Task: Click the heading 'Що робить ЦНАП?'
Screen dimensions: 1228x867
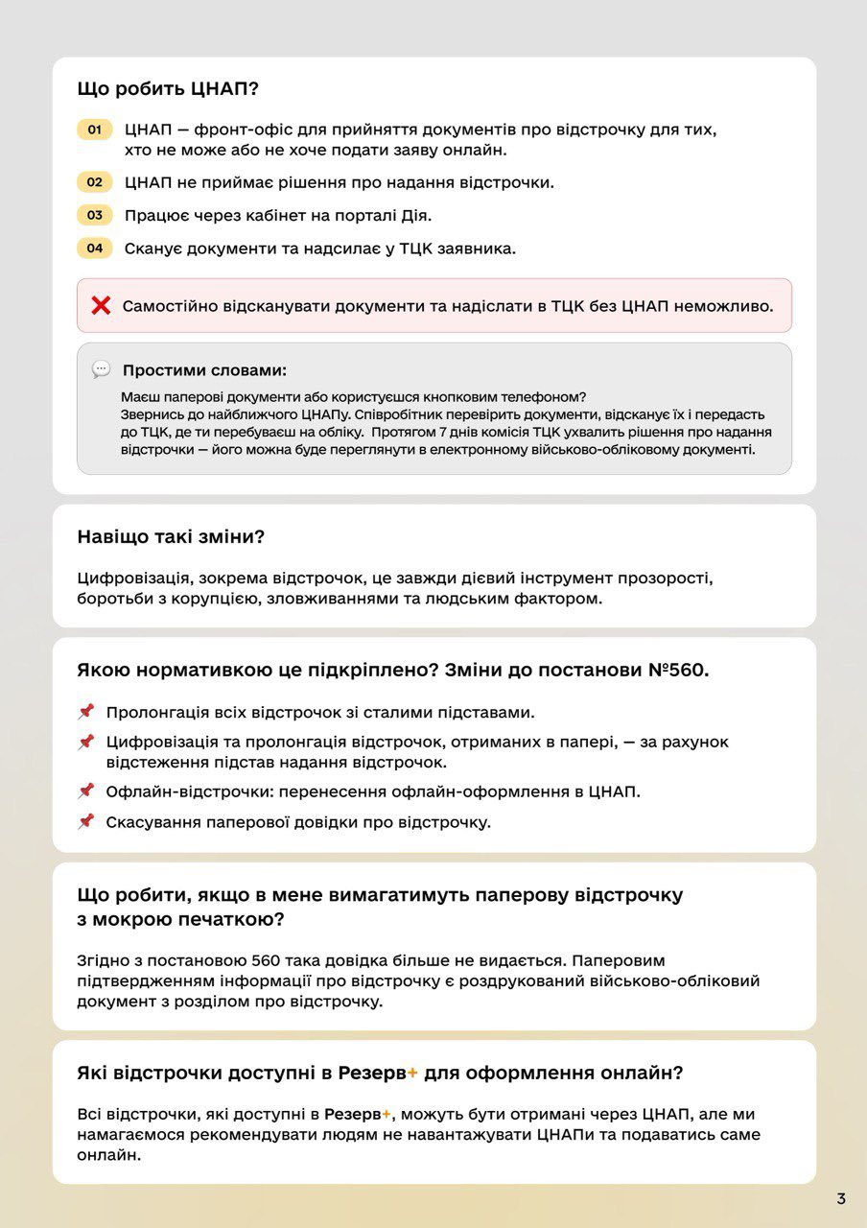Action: coord(168,88)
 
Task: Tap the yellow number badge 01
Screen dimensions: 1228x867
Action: coord(95,130)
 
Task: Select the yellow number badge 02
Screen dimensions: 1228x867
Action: coord(95,182)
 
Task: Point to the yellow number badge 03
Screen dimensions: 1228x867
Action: coord(95,216)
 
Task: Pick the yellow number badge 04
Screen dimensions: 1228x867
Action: coord(95,248)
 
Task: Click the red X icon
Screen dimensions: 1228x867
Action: coord(101,306)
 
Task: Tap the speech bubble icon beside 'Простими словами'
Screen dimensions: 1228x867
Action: coord(101,369)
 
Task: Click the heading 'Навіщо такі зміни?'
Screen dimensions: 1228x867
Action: coord(171,537)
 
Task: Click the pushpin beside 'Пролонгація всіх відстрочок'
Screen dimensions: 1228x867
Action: coord(86,712)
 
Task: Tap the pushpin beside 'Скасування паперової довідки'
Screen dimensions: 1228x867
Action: coord(86,821)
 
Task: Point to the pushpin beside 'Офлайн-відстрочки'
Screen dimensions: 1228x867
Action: coord(86,791)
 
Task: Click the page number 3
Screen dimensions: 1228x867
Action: coord(841,1198)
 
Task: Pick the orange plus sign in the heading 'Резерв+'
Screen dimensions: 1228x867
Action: coord(412,1073)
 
